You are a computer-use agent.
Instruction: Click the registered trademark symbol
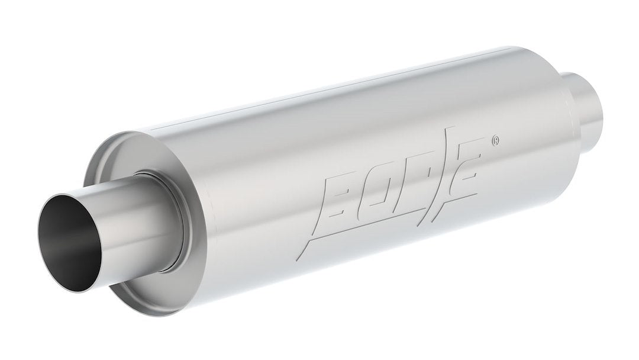click(495, 141)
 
